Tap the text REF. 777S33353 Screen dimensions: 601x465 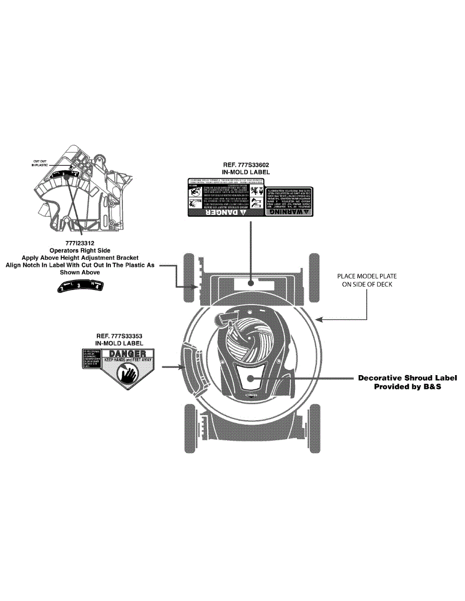(x=119, y=336)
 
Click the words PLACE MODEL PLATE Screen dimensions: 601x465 (x=364, y=276)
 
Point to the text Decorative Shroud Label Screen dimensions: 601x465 (x=407, y=378)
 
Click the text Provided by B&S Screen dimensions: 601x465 (x=407, y=387)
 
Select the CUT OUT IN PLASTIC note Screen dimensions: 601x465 (x=40, y=162)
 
